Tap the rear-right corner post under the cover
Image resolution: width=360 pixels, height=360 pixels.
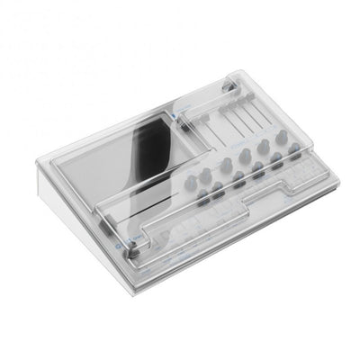click(232, 87)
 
